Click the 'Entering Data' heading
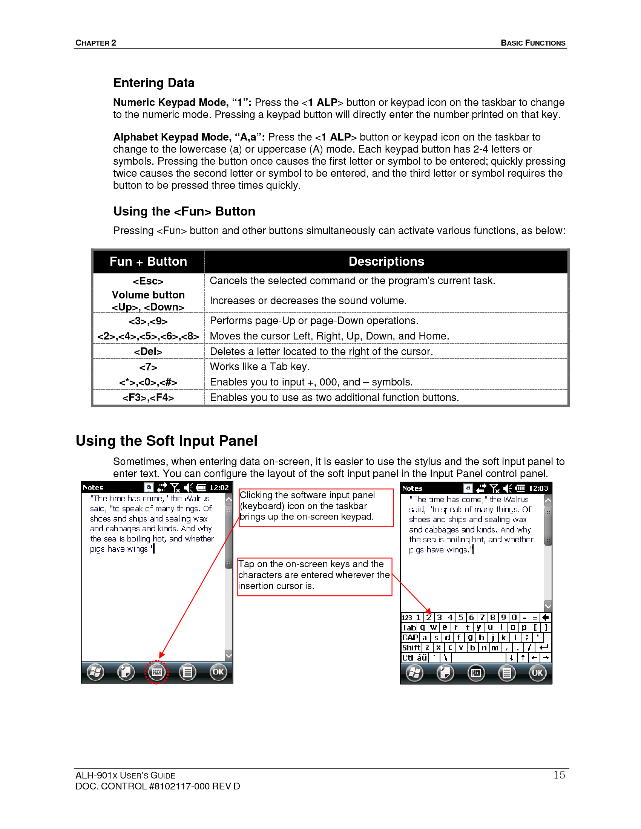coord(154,83)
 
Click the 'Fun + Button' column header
coord(148,262)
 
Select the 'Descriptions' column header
coord(386,262)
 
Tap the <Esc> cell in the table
coord(148,281)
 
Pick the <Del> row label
coord(148,352)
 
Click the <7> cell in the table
coord(148,367)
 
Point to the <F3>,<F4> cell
coord(148,398)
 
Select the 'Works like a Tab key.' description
coord(259,367)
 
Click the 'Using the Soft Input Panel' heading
coord(166,441)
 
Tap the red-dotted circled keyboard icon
coord(156,672)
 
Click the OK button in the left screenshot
coord(218,672)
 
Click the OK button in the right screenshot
coord(537,673)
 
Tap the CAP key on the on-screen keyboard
coord(410,638)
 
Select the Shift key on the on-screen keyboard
coord(411,647)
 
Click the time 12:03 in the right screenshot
coord(538,488)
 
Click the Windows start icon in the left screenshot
coord(95,672)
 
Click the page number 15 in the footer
coord(559,775)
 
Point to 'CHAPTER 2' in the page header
coord(96,43)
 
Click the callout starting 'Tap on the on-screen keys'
coord(314,575)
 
